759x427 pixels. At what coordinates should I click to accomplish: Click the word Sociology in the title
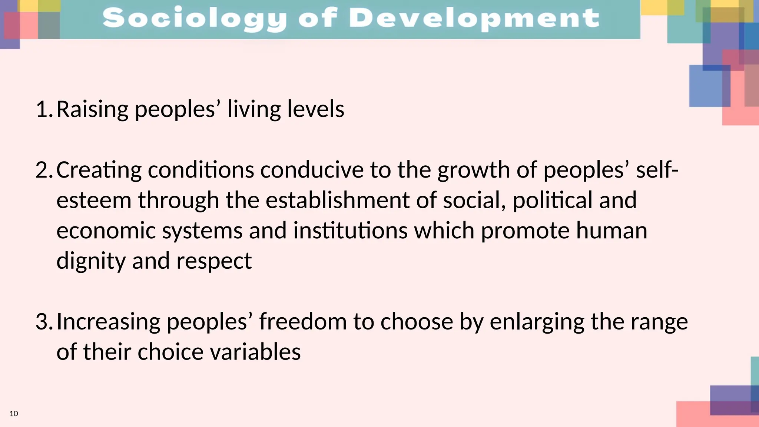[x=195, y=19]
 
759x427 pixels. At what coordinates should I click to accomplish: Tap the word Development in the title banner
[x=474, y=19]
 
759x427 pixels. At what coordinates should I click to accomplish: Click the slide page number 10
[x=14, y=414]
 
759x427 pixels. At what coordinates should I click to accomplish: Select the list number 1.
[x=43, y=110]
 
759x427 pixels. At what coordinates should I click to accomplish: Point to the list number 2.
[x=43, y=171]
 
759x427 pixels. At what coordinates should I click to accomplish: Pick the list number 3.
[x=43, y=322]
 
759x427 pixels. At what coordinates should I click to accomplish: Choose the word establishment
[x=337, y=201]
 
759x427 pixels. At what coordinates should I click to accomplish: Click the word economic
[x=106, y=231]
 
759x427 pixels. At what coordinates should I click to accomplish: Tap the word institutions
[x=350, y=231]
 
